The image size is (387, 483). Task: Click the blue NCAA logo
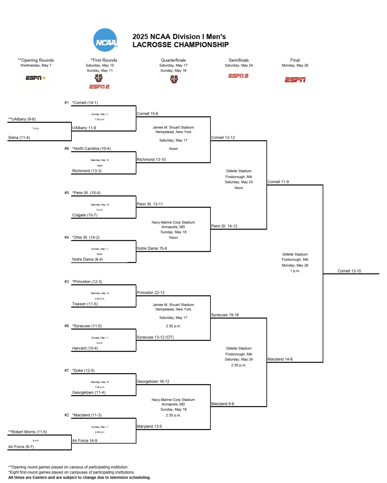[105, 40]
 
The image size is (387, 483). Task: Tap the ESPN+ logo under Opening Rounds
[36, 78]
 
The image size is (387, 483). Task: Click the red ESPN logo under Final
[295, 80]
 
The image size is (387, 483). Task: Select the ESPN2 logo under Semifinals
[238, 76]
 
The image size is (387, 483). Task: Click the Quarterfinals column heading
[173, 60]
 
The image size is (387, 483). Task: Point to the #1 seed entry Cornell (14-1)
[85, 103]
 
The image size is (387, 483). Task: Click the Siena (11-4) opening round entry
[19, 138]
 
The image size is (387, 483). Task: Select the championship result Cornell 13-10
[349, 271]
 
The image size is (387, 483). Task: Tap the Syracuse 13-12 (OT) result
[155, 337]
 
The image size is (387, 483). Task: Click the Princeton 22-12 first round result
[150, 293]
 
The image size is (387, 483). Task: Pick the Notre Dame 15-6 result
[152, 249]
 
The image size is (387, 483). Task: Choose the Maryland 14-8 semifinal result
[280, 360]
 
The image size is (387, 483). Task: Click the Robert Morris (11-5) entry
[28, 432]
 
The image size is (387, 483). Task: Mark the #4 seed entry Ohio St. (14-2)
[86, 238]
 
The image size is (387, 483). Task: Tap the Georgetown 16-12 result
[153, 382]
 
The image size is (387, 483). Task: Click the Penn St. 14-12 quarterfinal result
[224, 226]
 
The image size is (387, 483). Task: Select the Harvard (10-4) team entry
[85, 349]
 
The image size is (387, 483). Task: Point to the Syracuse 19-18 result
[225, 315]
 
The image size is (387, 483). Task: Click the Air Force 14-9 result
[84, 441]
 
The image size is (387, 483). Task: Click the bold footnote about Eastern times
[79, 478]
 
